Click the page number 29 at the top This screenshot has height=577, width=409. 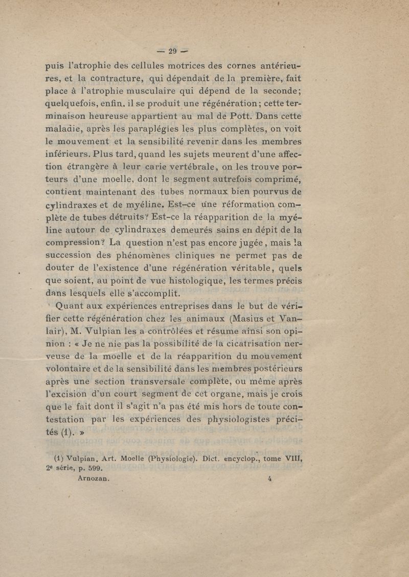[172, 51]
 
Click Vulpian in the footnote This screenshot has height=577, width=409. [82, 458]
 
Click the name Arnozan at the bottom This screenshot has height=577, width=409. [94, 478]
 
